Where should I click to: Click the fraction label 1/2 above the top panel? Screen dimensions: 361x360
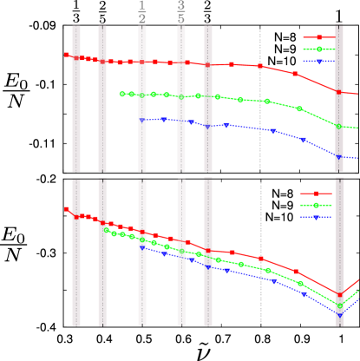point(142,12)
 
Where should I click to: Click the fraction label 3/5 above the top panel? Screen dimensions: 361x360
point(181,12)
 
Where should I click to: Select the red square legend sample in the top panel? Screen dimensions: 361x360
point(318,37)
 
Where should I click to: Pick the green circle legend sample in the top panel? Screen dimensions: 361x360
point(318,49)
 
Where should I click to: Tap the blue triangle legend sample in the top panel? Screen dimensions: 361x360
point(318,62)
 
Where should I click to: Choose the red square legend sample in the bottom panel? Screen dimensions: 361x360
point(316,194)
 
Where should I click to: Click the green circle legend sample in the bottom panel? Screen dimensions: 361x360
point(316,205)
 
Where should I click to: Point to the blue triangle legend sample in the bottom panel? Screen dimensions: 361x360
point(316,217)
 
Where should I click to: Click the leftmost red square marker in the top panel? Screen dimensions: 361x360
point(67,55)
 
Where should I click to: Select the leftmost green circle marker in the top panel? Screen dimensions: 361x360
point(122,94)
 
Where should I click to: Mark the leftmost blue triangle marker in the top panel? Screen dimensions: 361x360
point(142,120)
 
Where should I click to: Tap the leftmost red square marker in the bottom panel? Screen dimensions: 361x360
point(67,209)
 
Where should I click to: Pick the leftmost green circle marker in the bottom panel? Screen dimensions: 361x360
point(106,230)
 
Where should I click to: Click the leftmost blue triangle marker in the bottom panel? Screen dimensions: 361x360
point(142,248)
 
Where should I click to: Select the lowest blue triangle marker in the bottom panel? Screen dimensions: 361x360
point(339,314)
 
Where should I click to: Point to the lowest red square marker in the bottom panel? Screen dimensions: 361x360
point(339,292)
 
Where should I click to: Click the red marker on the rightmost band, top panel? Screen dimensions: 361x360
point(339,91)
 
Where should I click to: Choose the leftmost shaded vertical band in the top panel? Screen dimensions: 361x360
point(76,98)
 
